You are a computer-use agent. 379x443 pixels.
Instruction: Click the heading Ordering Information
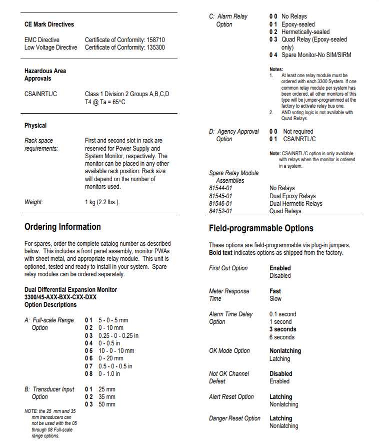click(62, 227)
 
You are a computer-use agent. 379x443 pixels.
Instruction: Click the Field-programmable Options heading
click(261, 228)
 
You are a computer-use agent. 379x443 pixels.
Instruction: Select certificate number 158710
click(154, 40)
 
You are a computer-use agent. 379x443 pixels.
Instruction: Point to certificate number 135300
click(154, 48)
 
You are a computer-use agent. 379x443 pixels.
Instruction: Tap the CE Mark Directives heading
click(49, 24)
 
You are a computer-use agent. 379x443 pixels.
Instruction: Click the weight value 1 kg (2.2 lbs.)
click(102, 202)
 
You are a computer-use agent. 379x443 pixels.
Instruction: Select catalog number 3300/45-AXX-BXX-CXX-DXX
click(60, 297)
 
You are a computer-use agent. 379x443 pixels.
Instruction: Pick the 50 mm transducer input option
click(106, 404)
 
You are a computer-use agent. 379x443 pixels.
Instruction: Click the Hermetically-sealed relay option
click(305, 32)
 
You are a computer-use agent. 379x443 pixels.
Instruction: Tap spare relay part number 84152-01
click(220, 211)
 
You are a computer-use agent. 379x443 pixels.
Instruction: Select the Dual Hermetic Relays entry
click(296, 204)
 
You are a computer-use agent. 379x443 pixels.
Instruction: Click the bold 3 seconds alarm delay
click(283, 329)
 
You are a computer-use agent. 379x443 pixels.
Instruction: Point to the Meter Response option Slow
click(275, 299)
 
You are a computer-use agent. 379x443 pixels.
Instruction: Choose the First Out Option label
click(228, 268)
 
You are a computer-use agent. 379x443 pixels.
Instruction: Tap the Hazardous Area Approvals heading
click(45, 75)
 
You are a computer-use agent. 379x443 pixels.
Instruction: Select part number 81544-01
click(220, 188)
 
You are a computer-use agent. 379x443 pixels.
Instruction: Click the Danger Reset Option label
click(234, 418)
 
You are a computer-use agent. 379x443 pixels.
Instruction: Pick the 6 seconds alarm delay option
click(282, 337)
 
